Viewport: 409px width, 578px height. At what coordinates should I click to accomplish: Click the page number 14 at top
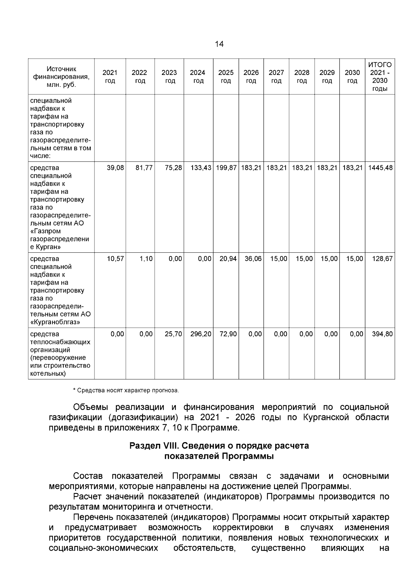pos(219,44)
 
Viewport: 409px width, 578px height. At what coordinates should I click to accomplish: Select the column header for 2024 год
pos(198,77)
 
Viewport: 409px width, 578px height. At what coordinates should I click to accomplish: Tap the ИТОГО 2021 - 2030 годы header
pos(380,77)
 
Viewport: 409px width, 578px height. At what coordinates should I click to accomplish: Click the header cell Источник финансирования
pos(61,77)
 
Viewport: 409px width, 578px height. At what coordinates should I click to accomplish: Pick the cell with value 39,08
pos(115,168)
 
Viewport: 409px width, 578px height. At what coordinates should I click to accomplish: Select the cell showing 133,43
pos(201,168)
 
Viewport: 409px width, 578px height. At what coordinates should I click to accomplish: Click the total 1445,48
pos(380,168)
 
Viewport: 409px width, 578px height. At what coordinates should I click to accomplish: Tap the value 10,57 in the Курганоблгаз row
pos(115,259)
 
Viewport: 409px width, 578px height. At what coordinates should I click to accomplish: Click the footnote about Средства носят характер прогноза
pos(126,390)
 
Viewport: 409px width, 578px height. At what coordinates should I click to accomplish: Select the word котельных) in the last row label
pos(48,374)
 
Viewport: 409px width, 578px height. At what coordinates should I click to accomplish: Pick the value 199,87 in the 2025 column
pos(226,168)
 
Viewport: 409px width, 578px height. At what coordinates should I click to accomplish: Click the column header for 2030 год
pos(352,77)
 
